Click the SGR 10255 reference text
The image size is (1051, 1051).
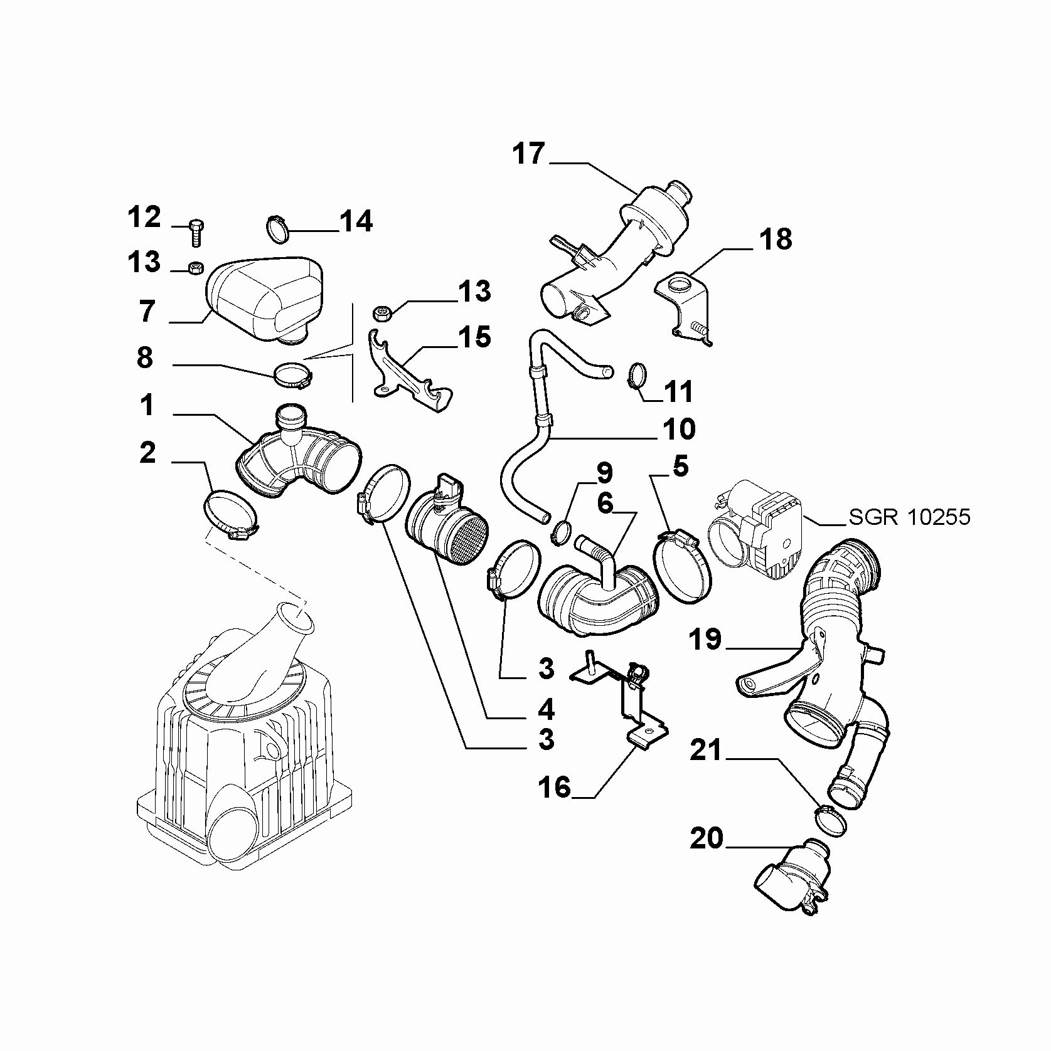[x=910, y=517]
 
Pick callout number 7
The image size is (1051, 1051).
[x=147, y=311]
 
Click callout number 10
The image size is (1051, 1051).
[x=678, y=430]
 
